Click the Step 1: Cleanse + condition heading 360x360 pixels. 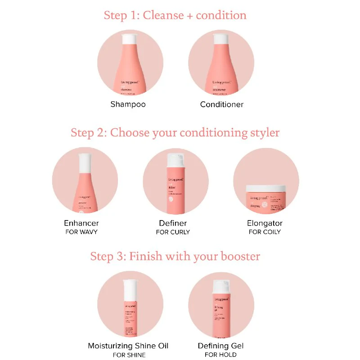click(x=175, y=15)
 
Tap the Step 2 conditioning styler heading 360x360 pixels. click(x=175, y=133)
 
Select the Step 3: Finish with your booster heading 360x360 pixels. click(x=175, y=256)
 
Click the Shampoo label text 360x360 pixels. click(x=128, y=104)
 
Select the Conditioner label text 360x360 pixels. click(x=221, y=104)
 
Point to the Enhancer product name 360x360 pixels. click(x=81, y=223)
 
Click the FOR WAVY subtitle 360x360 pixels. click(x=81, y=232)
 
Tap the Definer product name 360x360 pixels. click(x=173, y=223)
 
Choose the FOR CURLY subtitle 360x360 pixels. click(x=173, y=232)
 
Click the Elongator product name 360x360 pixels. click(x=265, y=223)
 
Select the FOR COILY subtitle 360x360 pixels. click(x=265, y=232)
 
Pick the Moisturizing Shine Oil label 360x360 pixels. click(x=128, y=346)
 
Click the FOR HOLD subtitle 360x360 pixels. click(x=220, y=355)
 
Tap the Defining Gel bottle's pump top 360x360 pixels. click(x=221, y=285)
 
